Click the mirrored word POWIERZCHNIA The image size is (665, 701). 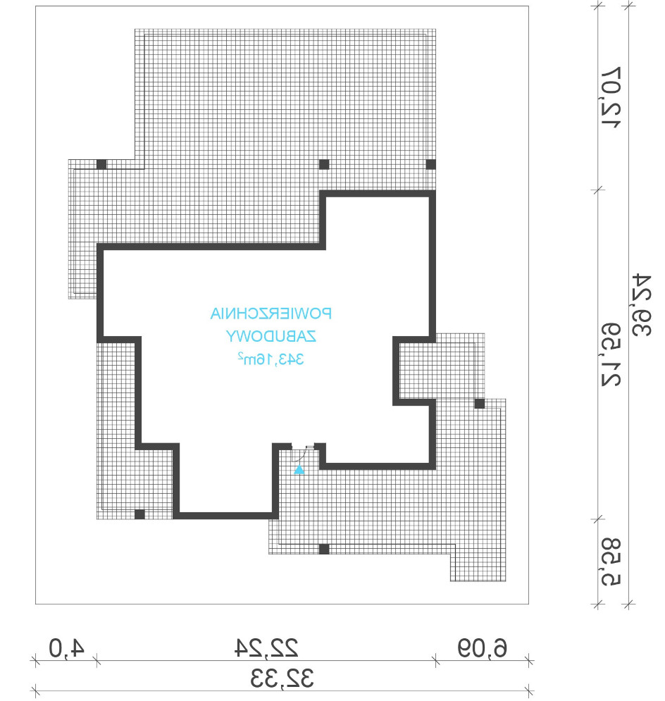(271, 314)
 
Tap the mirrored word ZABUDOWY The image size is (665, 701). (271, 336)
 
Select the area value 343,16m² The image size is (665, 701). (271, 359)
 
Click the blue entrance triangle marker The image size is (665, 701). (299, 470)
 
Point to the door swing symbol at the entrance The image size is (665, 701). (299, 454)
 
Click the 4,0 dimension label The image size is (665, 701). (67, 647)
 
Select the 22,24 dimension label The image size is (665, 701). (266, 647)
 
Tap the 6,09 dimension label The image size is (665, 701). (482, 647)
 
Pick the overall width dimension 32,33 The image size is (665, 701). (282, 678)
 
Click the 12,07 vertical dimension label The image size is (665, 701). (611, 97)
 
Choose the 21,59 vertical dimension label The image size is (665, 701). (611, 354)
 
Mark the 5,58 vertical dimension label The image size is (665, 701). (611, 562)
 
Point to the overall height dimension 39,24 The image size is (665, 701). (642, 305)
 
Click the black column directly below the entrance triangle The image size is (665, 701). (324, 549)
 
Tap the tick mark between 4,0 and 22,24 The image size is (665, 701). (97, 660)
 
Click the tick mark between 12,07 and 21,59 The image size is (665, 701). (597, 190)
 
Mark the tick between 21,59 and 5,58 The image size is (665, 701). (597, 519)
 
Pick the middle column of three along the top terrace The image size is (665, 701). (324, 164)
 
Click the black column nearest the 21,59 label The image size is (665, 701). (480, 404)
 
